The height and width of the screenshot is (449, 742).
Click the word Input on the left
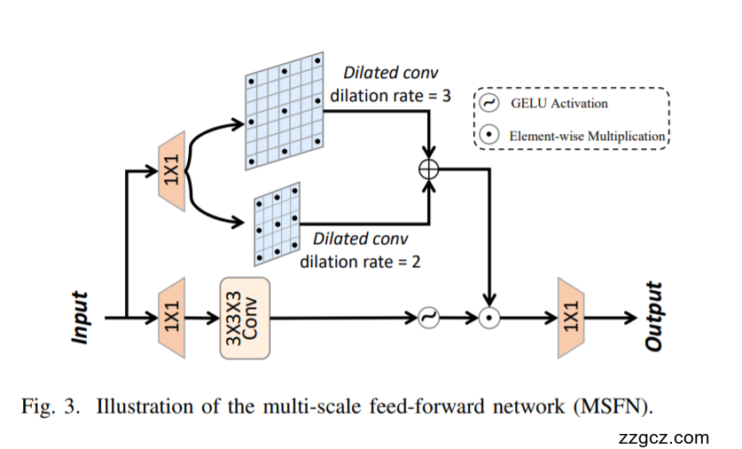point(82,317)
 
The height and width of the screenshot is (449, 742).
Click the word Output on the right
point(656,317)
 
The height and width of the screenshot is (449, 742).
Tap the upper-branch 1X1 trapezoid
point(170,170)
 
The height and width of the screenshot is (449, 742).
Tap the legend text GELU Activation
point(558,104)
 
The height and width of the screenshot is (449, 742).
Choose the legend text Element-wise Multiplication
point(587,137)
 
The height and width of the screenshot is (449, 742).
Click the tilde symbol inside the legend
point(488,103)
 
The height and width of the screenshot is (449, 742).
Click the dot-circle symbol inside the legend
point(488,136)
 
